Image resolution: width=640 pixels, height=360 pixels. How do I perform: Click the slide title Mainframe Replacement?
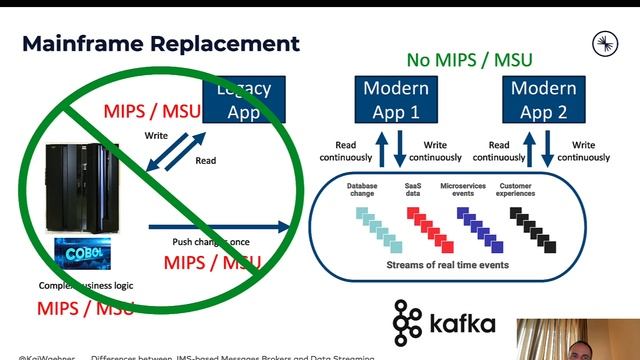coord(161,44)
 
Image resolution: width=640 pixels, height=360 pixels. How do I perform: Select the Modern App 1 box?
coord(396,100)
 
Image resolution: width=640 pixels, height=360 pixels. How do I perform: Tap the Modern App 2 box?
coord(543,100)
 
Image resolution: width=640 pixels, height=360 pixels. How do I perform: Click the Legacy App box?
coord(241,100)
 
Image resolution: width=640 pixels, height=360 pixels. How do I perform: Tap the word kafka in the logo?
coord(463,324)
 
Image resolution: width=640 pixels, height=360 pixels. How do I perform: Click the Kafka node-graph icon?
coord(408,322)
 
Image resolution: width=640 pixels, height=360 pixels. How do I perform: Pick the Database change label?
coord(362,191)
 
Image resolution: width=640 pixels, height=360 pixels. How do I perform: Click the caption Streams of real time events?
coord(447,265)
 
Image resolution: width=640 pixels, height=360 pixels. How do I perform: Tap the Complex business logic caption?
coord(85,285)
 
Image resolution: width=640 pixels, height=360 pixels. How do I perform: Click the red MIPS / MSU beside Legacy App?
coord(150,110)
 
